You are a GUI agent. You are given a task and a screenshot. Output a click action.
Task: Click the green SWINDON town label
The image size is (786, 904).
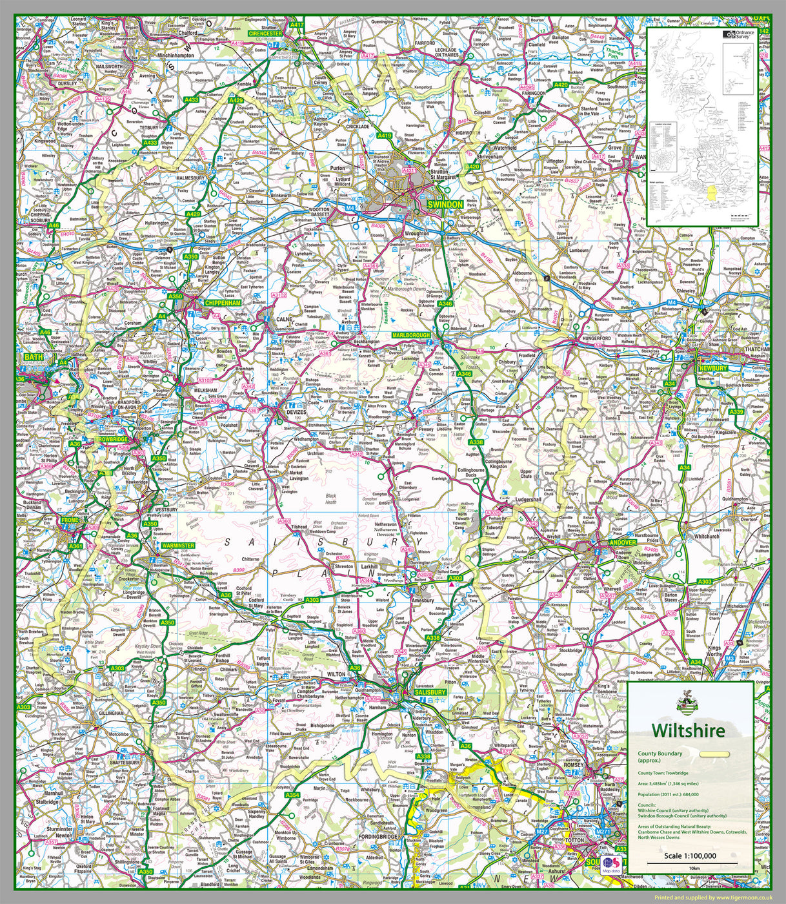tap(445, 205)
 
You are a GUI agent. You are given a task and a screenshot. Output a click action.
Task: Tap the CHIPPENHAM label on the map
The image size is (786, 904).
tap(223, 303)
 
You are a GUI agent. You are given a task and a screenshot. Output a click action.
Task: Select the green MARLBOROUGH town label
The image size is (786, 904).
tap(411, 336)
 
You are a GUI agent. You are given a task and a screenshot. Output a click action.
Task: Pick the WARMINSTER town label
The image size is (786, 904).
tap(177, 546)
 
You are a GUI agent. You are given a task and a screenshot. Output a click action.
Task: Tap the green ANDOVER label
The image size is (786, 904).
tap(623, 542)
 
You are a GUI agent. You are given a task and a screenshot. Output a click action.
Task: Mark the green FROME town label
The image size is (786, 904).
tap(69, 520)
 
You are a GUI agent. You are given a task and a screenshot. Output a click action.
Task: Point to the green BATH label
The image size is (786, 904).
tap(31, 356)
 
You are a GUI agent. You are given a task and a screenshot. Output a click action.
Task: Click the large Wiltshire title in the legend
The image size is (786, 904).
tap(688, 730)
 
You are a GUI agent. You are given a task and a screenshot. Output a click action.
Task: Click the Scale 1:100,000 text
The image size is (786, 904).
tap(690, 857)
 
